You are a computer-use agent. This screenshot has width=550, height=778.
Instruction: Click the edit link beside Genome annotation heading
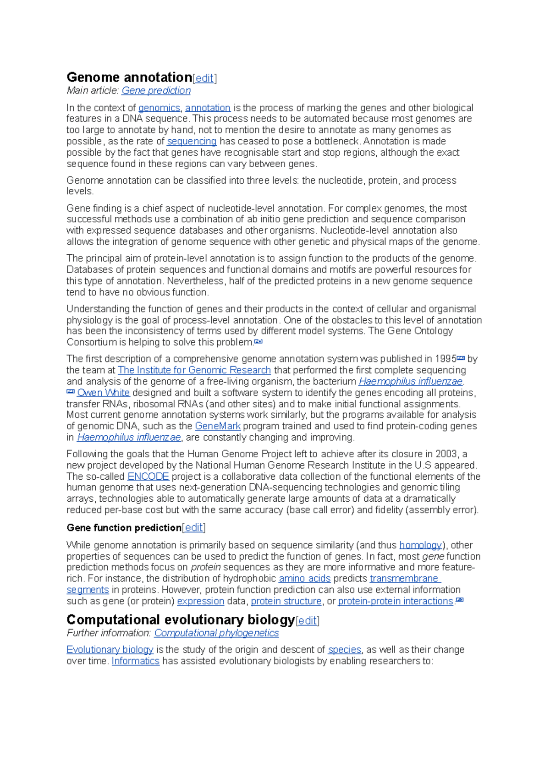coord(204,78)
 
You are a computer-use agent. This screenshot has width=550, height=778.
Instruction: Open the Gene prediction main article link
coord(156,91)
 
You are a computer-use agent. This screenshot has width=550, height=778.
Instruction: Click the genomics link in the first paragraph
coord(159,108)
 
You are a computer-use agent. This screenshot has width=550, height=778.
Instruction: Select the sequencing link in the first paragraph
coord(192,142)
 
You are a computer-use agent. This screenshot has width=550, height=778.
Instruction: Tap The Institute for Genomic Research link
coord(194,370)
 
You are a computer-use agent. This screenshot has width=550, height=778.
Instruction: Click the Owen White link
coord(104,393)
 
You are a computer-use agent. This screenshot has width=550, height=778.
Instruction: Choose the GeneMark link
coord(218,426)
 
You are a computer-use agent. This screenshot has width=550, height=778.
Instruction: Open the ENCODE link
coord(148,477)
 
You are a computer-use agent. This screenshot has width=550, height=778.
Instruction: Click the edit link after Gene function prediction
coord(193,528)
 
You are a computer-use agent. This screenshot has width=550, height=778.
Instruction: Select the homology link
coord(420,545)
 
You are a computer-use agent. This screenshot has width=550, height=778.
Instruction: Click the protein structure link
coord(286,601)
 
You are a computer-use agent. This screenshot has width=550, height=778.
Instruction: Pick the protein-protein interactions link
coord(395,601)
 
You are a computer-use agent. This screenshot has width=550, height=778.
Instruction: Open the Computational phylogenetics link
coord(216,633)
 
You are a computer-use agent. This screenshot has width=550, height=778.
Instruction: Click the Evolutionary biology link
coord(110,650)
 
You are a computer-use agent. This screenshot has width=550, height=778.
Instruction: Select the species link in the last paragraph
coord(345,650)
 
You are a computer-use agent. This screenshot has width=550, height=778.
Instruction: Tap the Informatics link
coord(136,661)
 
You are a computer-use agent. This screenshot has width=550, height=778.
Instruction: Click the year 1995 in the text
coord(446,359)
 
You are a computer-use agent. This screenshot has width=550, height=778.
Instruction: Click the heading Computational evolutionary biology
coord(181,620)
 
